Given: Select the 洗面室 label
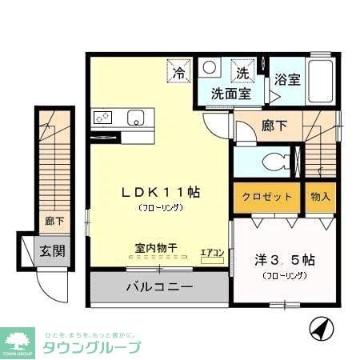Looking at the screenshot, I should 230,94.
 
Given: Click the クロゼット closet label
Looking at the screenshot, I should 267,196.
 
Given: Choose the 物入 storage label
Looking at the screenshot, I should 319,196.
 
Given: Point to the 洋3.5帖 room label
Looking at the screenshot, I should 284,261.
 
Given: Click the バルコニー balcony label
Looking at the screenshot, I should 158,285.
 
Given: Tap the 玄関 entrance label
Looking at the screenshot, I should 52,250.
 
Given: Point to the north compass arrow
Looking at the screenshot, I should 319,328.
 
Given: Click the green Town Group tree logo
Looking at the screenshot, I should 17,340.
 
